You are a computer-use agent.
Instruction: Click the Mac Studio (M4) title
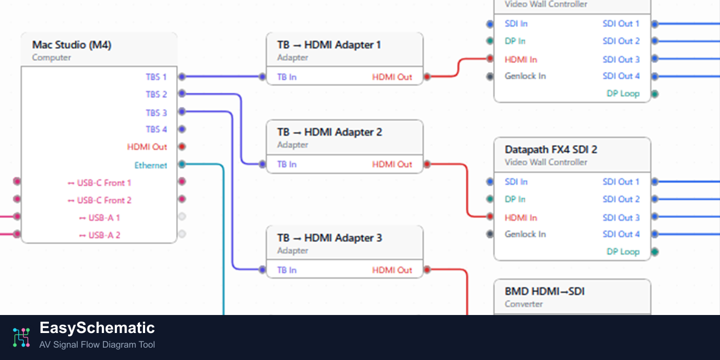[71, 45]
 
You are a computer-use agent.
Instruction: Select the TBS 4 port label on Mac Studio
[156, 129]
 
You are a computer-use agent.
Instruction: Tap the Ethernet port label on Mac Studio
[151, 165]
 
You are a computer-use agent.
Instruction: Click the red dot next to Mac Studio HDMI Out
[182, 147]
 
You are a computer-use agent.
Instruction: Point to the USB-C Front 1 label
[100, 183]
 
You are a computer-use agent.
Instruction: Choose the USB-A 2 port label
[100, 235]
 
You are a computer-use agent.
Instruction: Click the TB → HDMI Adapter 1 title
[329, 45]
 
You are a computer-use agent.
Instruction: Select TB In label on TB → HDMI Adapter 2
[287, 164]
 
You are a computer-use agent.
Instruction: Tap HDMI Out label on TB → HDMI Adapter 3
[392, 270]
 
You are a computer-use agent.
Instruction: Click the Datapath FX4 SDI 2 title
[551, 150]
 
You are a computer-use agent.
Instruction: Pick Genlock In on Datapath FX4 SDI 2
[525, 234]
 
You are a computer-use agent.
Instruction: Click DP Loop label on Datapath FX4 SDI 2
[623, 251]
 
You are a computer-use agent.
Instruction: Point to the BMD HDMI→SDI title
[544, 292]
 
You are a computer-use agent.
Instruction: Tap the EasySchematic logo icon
[21, 336]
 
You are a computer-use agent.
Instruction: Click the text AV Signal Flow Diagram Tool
[97, 345]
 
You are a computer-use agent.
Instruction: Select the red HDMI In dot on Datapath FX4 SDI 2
[490, 217]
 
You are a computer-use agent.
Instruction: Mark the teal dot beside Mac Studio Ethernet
[182, 164]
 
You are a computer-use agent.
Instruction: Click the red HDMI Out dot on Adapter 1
[427, 76]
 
